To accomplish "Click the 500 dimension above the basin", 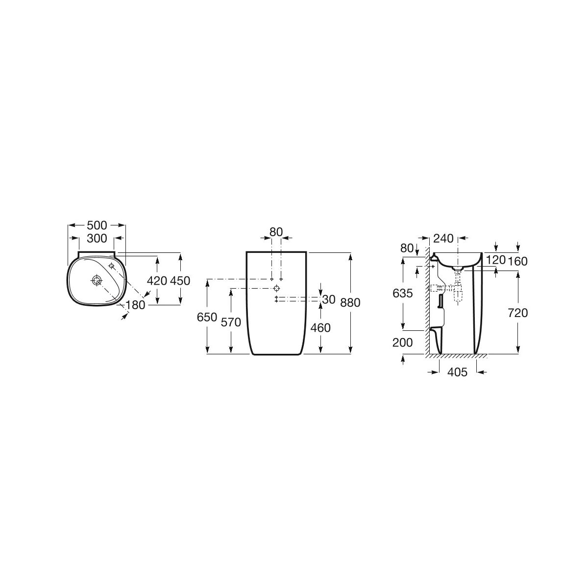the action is [x=97, y=225].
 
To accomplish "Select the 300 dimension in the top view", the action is [x=97, y=238].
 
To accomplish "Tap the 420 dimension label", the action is [x=157, y=280].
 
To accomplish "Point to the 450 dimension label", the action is [x=180, y=280].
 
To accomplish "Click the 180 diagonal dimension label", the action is [x=135, y=304].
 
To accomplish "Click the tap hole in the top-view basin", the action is [x=111, y=266].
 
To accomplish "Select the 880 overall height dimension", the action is [x=350, y=302].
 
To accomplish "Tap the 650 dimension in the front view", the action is [x=207, y=318].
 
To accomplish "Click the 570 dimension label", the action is [x=231, y=322].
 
